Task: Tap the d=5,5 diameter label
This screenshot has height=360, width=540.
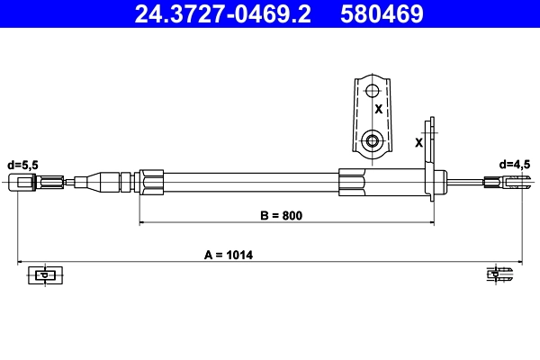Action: (23, 165)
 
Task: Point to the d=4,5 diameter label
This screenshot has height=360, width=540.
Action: (516, 165)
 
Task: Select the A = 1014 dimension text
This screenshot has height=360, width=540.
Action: (229, 255)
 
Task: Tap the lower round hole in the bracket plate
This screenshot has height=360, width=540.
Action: (372, 140)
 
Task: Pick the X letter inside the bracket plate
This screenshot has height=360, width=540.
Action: (378, 109)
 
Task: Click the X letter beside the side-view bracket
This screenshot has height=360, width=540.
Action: (418, 142)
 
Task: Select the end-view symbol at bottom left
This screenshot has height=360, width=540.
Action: (42, 275)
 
